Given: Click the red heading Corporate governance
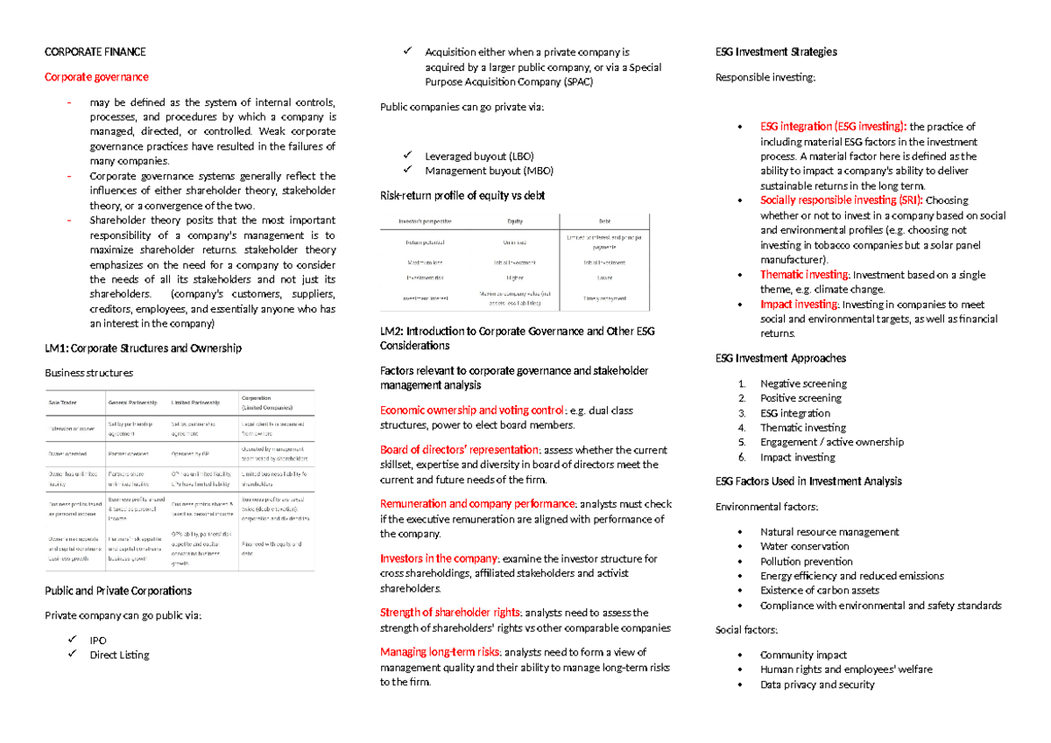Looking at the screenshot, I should click(96, 77).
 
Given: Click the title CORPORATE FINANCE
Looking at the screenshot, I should click(95, 52).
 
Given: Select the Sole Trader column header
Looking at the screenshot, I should click(62, 402).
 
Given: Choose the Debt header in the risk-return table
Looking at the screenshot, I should click(604, 221).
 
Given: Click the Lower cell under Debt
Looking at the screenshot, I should click(604, 277).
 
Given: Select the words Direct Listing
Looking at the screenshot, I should click(119, 655).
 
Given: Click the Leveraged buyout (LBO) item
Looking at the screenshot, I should click(478, 156).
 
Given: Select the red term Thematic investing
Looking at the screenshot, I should click(804, 275).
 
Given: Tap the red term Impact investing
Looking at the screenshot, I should click(799, 305).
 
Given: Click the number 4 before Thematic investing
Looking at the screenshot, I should click(742, 428).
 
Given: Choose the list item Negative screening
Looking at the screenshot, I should click(803, 383).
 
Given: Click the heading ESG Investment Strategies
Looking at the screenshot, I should click(776, 52).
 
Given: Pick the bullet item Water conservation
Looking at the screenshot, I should click(805, 546).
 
